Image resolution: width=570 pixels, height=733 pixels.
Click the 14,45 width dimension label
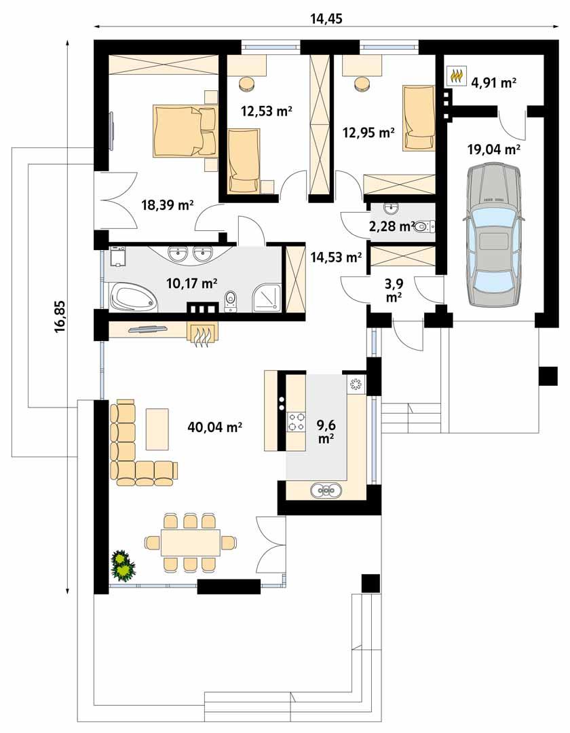coord(326,19)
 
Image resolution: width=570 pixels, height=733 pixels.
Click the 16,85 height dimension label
coord(60,317)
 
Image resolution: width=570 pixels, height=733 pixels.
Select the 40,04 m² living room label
coord(215,427)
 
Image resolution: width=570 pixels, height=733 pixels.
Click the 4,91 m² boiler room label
coord(493,83)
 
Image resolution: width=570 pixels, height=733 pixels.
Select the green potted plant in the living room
coord(122,566)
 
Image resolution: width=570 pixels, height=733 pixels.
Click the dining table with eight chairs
coord(191,542)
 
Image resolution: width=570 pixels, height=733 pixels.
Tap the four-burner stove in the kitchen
coord(297,422)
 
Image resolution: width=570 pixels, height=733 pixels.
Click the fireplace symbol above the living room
coord(203,334)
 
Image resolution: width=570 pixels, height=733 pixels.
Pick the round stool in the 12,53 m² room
coord(247,84)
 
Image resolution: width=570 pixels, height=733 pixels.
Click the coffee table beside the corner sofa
coord(157,428)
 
